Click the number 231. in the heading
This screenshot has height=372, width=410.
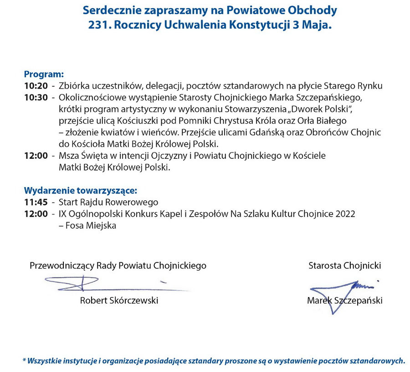[99, 26]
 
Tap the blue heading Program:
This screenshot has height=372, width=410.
[44, 74]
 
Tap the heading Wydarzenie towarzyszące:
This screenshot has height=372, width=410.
[80, 190]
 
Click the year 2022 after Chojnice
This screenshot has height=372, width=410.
[345, 214]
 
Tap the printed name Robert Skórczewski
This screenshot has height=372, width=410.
[119, 300]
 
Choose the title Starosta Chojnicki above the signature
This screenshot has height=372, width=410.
[344, 266]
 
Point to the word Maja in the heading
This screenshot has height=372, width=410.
[318, 26]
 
